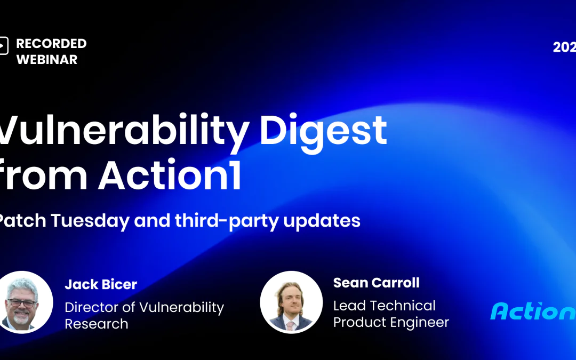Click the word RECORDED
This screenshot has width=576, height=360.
(51, 44)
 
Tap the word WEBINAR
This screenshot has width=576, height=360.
(47, 60)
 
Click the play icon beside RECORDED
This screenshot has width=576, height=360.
(4, 46)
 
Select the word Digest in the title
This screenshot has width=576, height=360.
(323, 132)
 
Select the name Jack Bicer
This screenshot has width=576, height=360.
(101, 285)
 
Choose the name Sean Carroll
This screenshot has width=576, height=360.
(376, 283)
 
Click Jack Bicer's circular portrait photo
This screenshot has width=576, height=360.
(25, 302)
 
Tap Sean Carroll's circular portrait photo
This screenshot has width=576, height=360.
(291, 302)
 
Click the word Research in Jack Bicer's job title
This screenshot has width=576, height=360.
(97, 324)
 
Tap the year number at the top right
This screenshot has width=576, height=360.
(564, 47)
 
